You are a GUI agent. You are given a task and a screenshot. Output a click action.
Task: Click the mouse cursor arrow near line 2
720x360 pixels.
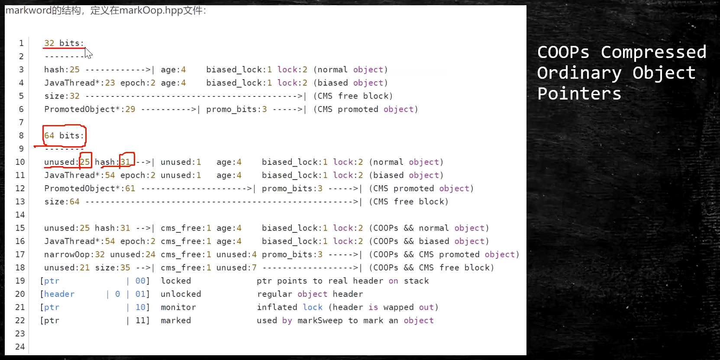point(88,53)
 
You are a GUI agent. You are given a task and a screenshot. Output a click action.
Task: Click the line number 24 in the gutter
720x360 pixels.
point(20,347)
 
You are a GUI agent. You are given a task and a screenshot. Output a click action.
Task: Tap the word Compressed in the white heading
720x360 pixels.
point(653,52)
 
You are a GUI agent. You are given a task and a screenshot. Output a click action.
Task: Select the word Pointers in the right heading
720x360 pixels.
point(579,94)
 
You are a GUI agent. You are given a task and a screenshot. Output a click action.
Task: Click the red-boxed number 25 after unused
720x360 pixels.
point(85,162)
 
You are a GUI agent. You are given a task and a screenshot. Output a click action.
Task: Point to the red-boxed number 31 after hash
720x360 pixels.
point(126,162)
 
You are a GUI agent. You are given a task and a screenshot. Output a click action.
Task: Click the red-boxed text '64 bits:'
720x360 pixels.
point(64,135)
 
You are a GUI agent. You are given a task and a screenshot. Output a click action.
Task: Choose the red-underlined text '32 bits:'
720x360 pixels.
point(64,43)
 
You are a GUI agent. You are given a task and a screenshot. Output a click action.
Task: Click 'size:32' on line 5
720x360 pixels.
point(62,96)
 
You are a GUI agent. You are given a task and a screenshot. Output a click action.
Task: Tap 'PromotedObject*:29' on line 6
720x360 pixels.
point(90,109)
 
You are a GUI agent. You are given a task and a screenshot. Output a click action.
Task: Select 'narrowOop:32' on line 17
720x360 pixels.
point(74,254)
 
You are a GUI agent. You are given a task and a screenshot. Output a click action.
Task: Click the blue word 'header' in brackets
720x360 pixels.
point(59,294)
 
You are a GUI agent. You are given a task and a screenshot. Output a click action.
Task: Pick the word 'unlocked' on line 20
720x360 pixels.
point(181,294)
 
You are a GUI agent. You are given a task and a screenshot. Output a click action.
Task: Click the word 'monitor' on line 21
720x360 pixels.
point(178,307)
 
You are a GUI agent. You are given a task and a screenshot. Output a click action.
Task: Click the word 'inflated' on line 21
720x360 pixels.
point(277,307)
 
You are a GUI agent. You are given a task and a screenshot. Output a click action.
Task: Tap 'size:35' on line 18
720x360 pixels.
point(113,268)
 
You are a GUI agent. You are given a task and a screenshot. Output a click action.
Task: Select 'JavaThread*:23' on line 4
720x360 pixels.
point(80,83)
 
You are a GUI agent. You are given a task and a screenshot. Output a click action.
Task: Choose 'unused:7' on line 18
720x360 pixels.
point(236,268)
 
